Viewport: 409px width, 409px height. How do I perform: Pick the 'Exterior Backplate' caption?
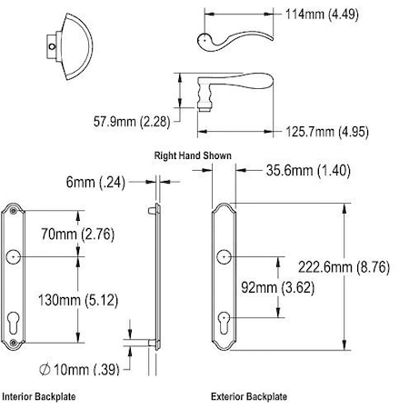coord(248,396)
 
